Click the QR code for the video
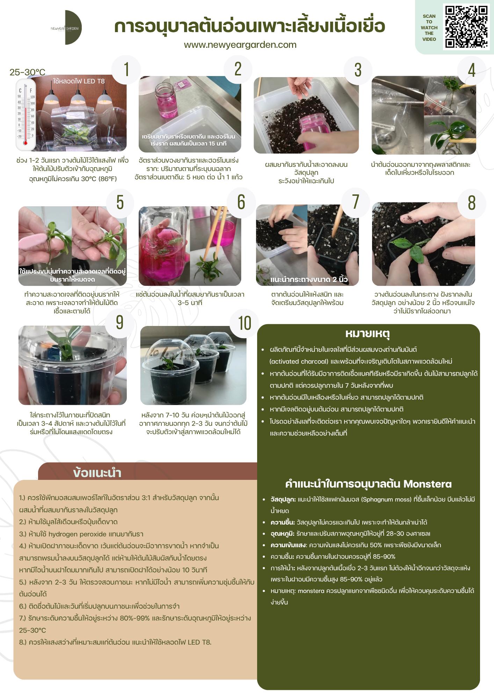[466, 27]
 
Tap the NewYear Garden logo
[68, 28]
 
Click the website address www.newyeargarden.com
[240, 45]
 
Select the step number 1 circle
[126, 69]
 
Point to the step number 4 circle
[472, 70]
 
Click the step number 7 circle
[356, 202]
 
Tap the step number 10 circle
[245, 323]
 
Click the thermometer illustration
[26, 114]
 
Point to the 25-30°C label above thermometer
[27, 72]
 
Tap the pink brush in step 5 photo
[33, 241]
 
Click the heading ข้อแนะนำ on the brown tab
[97, 473]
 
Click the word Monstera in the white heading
[427, 484]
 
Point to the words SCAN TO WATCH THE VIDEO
[429, 28]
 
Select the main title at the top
[249, 26]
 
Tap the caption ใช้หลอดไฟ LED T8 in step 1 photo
[79, 81]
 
